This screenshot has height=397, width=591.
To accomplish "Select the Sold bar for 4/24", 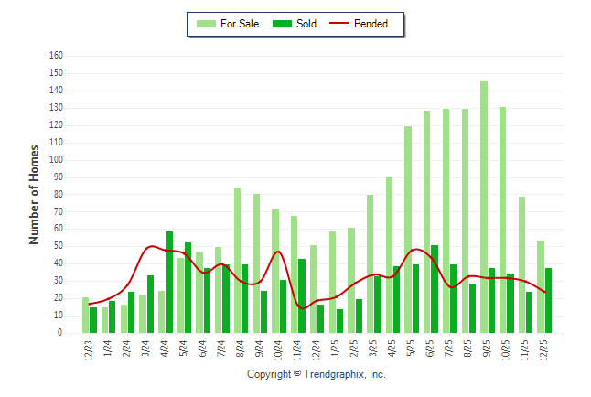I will [169, 283].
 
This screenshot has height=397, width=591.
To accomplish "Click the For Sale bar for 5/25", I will [408, 230].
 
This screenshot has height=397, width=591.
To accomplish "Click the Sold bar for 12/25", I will [548, 301].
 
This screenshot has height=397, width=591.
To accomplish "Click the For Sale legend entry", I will [230, 24].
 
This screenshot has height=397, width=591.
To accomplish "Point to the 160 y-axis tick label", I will [56, 56].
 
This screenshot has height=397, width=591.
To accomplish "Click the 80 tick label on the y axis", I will [58, 195].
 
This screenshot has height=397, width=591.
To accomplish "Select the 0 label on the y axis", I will [60, 334].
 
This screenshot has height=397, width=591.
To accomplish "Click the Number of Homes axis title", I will [35, 194].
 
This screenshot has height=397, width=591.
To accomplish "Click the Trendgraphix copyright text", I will [317, 375].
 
